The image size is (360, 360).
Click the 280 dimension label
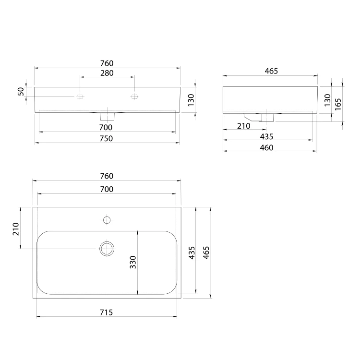click(x=107, y=73)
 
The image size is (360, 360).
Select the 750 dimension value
click(x=106, y=138)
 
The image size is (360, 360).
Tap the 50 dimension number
click(x=21, y=91)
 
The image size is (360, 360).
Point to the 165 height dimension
click(x=338, y=104)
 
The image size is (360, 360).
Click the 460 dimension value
click(x=266, y=147)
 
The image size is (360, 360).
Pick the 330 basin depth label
click(x=133, y=262)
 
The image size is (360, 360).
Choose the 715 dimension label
click(x=106, y=312)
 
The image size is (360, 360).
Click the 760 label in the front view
click(x=107, y=63)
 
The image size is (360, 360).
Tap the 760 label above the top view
click(x=107, y=176)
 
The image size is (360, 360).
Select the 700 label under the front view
click(x=106, y=127)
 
